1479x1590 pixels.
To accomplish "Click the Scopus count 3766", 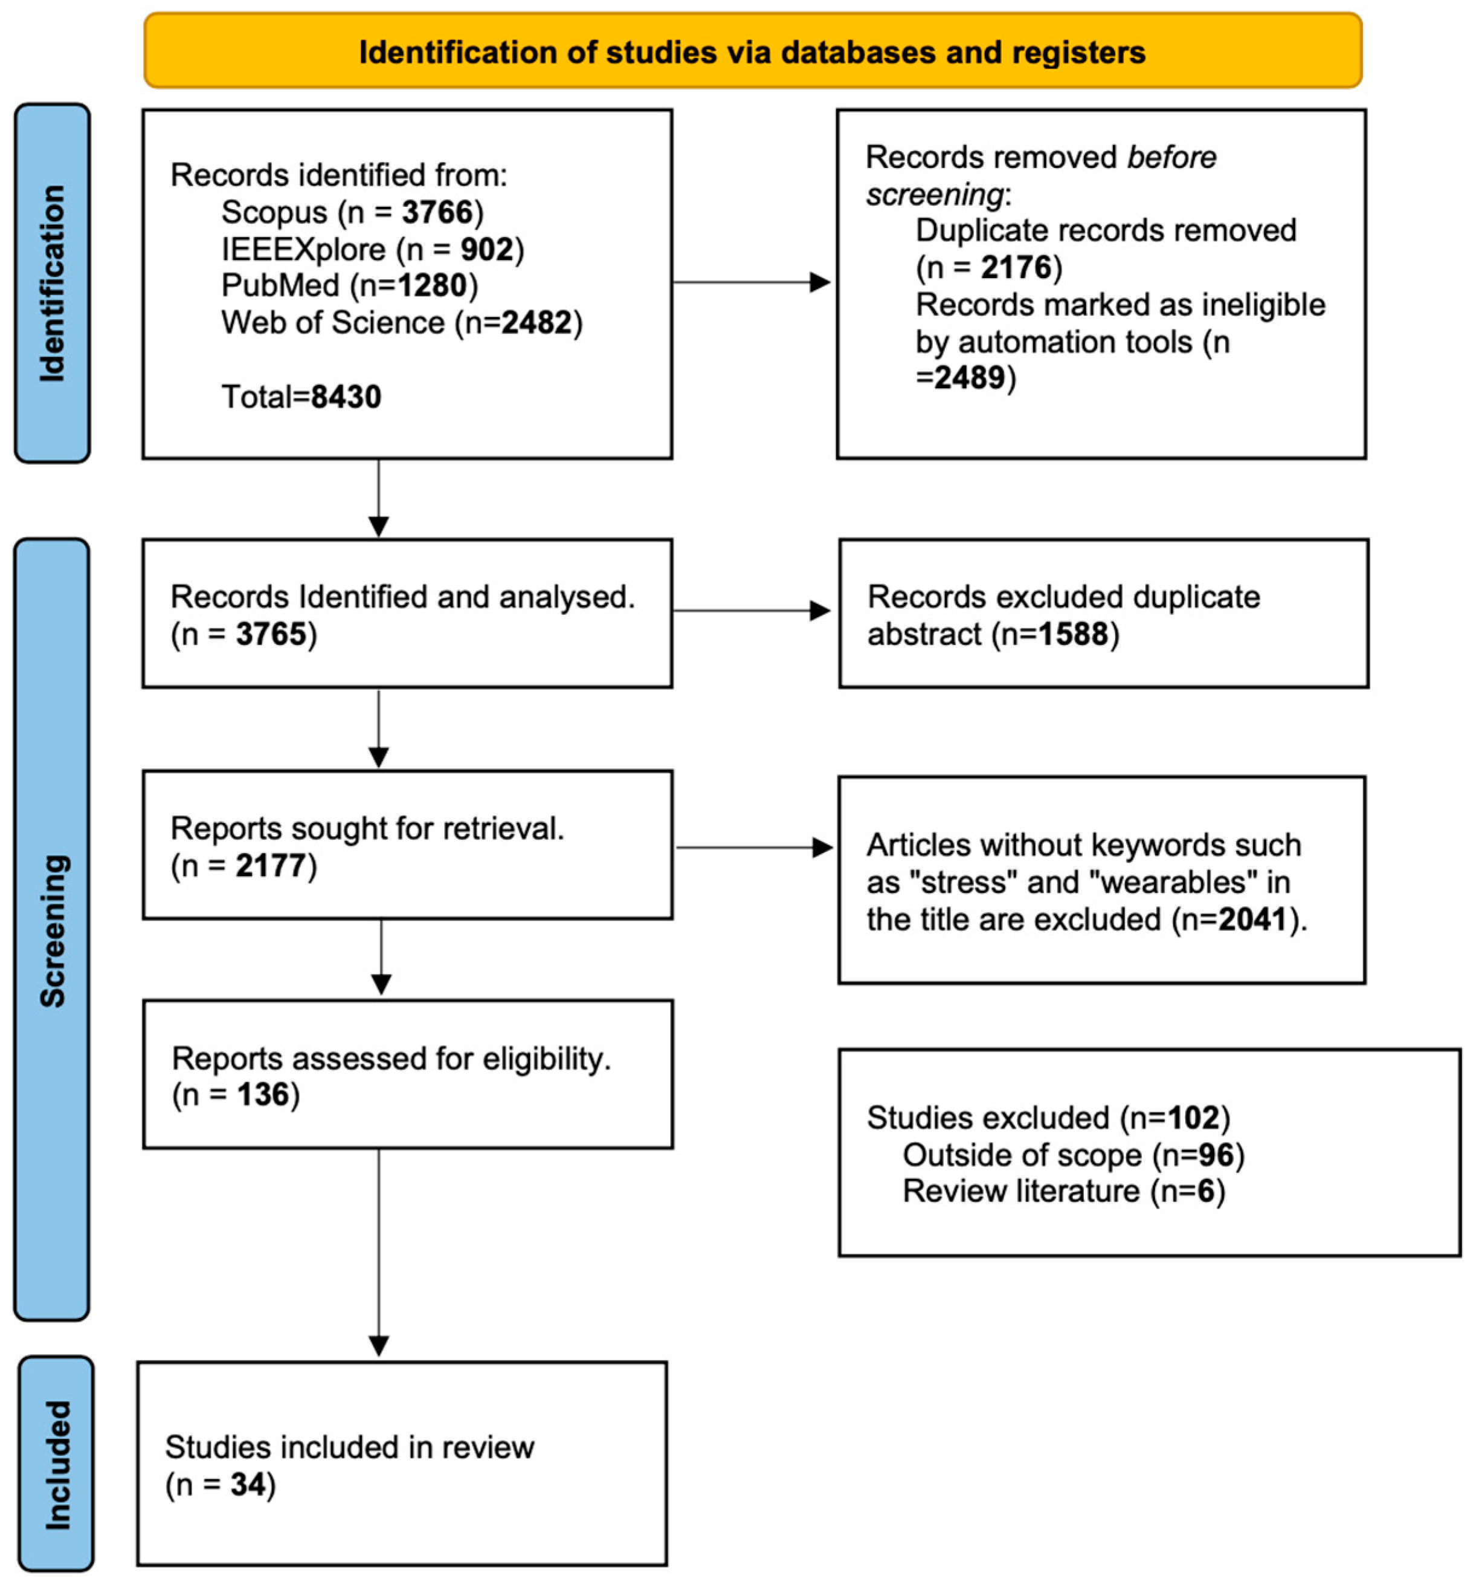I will [437, 213].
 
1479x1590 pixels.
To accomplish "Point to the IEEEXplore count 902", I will [486, 250].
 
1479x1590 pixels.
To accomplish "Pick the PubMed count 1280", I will [433, 285].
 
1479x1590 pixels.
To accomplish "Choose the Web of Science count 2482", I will [536, 323].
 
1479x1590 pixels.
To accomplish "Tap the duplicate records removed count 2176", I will [1016, 268].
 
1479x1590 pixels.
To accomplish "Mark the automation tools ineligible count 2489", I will [969, 377].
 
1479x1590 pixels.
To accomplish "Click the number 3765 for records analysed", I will [271, 635].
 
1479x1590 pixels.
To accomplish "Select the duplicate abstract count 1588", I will [1073, 635].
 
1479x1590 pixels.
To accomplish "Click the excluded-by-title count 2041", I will [1252, 920].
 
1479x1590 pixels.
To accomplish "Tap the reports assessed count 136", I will [262, 1095].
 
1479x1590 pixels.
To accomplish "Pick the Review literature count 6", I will [1205, 1192].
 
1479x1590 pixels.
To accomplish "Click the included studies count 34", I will [248, 1485].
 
